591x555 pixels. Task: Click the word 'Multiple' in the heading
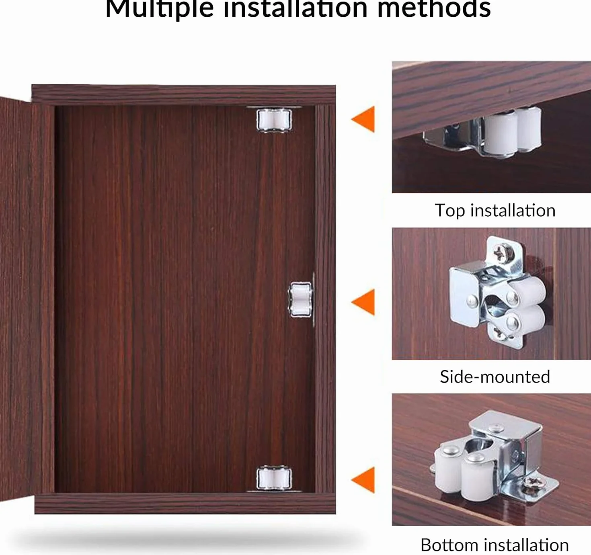tap(160, 10)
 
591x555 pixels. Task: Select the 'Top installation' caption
tap(495, 211)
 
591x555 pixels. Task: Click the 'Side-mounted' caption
tap(495, 377)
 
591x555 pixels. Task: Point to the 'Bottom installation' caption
tap(495, 545)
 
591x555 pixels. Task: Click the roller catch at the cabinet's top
tap(274, 120)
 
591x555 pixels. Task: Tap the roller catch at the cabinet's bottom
tap(274, 479)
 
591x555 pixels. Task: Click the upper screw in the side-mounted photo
tap(503, 253)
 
